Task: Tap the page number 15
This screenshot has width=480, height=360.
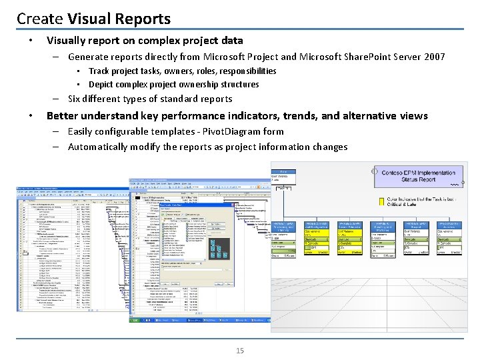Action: (x=240, y=351)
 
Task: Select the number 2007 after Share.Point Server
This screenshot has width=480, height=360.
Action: (x=431, y=57)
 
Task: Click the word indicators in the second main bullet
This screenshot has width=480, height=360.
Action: (x=263, y=116)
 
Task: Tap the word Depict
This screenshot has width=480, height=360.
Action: (x=101, y=84)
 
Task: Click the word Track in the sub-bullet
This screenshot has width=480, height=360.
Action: (x=100, y=71)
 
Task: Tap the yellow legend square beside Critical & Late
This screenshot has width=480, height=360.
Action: (x=382, y=199)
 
